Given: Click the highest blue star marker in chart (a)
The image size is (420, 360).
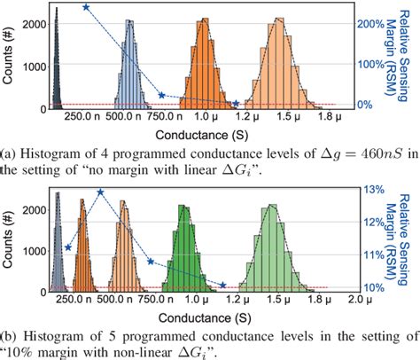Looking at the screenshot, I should click(x=86, y=7).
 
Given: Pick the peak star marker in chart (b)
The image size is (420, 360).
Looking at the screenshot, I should click(x=100, y=192).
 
